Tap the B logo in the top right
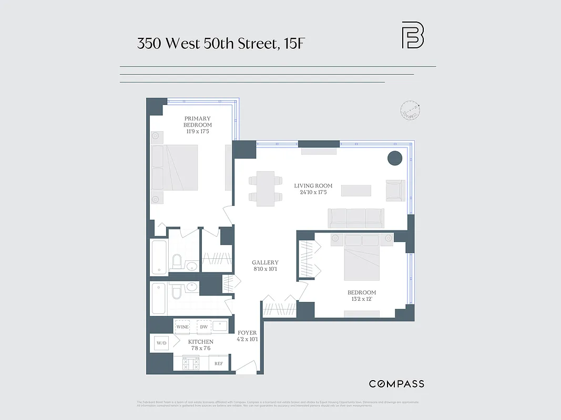pyautogui.click(x=413, y=35)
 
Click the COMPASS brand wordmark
pyautogui.click(x=396, y=384)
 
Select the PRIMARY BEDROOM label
pyautogui.click(x=197, y=122)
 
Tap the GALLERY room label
pyautogui.click(x=265, y=262)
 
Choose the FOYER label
pyautogui.click(x=247, y=333)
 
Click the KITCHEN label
pyautogui.click(x=201, y=342)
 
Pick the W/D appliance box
pyautogui.click(x=161, y=343)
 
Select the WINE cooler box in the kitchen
pyautogui.click(x=182, y=327)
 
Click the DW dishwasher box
pyautogui.click(x=203, y=327)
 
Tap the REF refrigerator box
pyautogui.click(x=219, y=363)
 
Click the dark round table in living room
pyautogui.click(x=394, y=158)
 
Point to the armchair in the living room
pyautogui.click(x=395, y=190)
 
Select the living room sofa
pyautogui.click(x=356, y=218)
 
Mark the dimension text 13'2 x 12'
pyautogui.click(x=361, y=299)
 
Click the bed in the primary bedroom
pyautogui.click(x=175, y=167)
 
